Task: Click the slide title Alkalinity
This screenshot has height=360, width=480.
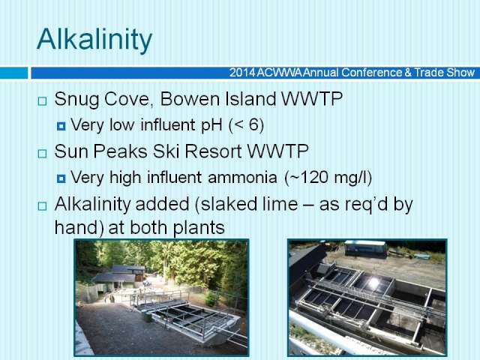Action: coord(94,40)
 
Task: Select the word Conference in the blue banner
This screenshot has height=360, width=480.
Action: coord(371,73)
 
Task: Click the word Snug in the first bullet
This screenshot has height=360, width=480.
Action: coord(76,100)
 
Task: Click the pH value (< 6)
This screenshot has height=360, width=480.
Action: coord(246,125)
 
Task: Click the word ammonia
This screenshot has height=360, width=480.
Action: coord(242,178)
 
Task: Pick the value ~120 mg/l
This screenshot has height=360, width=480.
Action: coord(328,178)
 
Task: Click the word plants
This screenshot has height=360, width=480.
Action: coord(199,228)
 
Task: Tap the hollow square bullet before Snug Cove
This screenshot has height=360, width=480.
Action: coord(42,101)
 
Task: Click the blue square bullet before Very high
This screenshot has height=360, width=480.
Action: coord(61,178)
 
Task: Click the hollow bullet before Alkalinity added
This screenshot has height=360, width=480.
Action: coord(42,206)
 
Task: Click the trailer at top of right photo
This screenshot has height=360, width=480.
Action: coord(365,247)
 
